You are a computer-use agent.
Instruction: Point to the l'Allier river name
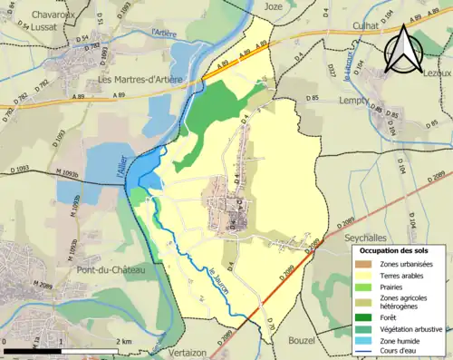[133, 167]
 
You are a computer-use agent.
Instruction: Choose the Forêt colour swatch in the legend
[370, 317]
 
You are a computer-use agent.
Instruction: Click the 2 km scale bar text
[125, 341]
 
